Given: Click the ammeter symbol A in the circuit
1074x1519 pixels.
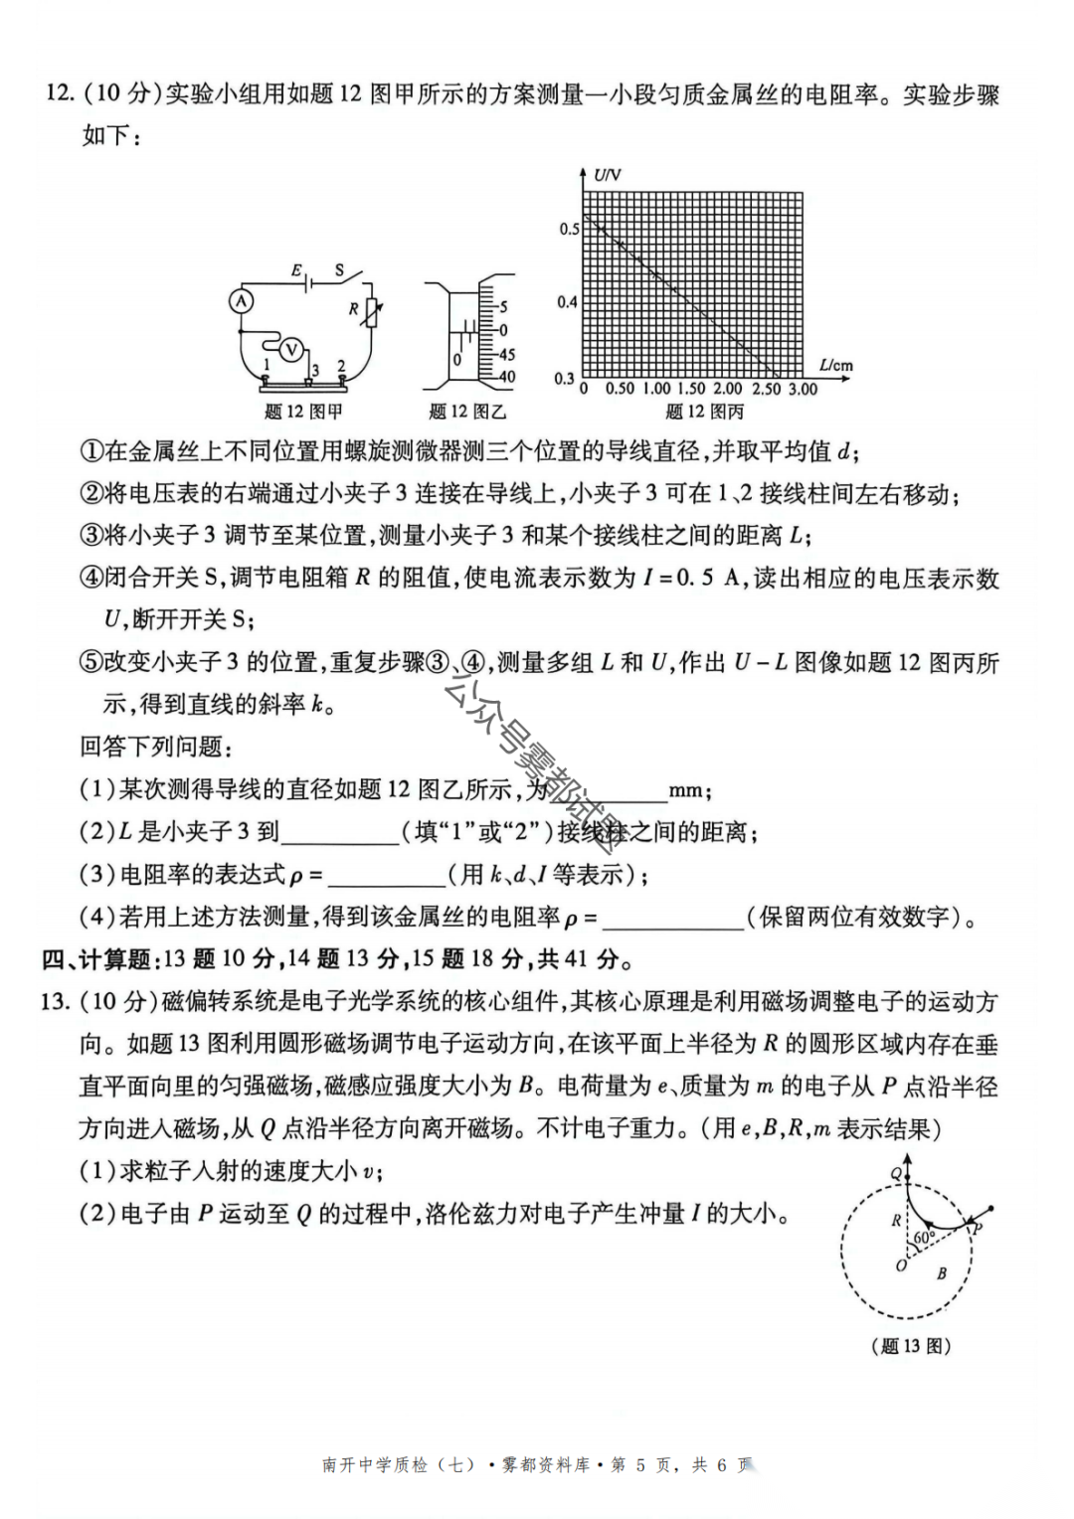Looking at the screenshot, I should pos(242,300).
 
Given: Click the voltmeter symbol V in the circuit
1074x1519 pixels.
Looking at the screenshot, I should pos(290,349).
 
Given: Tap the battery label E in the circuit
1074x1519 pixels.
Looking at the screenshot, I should pos(295,270).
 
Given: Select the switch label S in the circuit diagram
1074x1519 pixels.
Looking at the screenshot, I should pos(339,269).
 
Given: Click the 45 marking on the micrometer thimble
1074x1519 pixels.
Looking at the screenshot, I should pos(506,354).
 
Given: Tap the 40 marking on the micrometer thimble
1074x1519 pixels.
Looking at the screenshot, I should pos(506,377).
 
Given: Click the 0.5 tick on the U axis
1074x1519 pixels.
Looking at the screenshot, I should pos(569,229).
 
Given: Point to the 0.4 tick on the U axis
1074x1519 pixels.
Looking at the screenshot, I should pos(567,301).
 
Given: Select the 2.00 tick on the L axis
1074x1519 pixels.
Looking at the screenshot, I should pos(728,389).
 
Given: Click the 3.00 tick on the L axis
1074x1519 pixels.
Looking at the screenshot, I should pos(803,389).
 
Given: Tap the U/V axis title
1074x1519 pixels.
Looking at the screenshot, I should pos(607,175).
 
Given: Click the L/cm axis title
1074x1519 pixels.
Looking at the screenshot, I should pos(836,365).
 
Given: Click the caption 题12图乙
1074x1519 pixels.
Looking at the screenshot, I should pos(467,412).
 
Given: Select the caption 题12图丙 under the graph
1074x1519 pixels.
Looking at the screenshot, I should pos(704,412).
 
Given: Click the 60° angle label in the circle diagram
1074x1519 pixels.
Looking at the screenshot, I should pos(924,1238).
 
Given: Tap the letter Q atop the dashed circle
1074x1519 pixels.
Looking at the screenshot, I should pos(896,1174).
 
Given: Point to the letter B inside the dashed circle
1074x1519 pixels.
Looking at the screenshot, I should pos(941,1273).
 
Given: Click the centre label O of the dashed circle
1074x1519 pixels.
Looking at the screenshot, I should pos(901,1266).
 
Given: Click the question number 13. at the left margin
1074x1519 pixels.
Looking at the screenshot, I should pos(55,1001).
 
